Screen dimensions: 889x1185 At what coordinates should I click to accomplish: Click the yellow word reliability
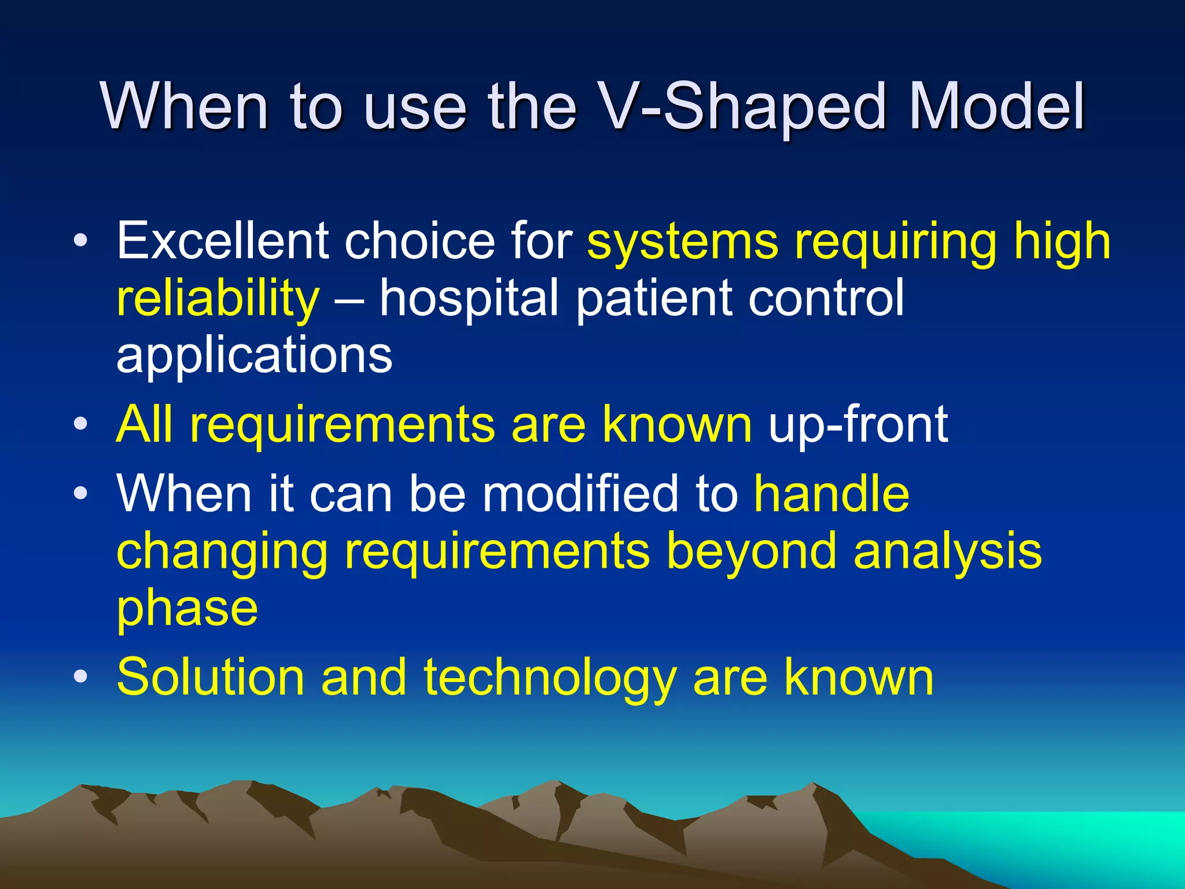(218, 299)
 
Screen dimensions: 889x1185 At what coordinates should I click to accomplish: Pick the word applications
(255, 357)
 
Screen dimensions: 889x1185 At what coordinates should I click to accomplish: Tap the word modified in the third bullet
(580, 493)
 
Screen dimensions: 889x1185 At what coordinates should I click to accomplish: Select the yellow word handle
(831, 493)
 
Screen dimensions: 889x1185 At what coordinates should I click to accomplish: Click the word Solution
(211, 677)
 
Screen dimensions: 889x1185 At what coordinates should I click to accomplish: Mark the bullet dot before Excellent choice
(81, 241)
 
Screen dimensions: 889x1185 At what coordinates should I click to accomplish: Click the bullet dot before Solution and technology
(81, 677)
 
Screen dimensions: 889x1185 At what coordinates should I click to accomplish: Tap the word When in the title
(185, 107)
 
